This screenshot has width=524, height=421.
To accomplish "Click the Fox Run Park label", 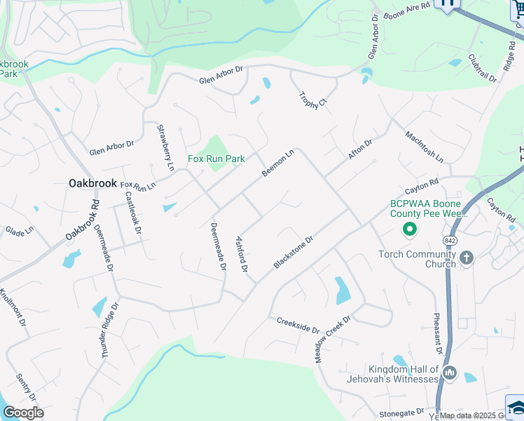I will tap(216, 159).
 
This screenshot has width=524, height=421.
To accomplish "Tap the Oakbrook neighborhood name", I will tap(92, 183).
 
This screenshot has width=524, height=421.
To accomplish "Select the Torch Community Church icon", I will tap(467, 259).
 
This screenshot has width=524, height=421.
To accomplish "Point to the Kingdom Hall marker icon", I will tap(450, 374).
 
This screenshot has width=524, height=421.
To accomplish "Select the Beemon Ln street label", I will tap(277, 163).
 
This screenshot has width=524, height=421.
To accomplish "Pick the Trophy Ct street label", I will tap(312, 100).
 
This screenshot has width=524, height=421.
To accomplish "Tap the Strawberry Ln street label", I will tap(165, 147).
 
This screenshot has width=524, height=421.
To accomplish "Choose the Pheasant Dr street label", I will tap(437, 333).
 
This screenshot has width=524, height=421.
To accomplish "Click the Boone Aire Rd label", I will tap(404, 12).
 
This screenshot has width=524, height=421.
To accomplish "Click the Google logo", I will tap(23, 412).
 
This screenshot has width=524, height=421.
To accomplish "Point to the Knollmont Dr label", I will tap(13, 309).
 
